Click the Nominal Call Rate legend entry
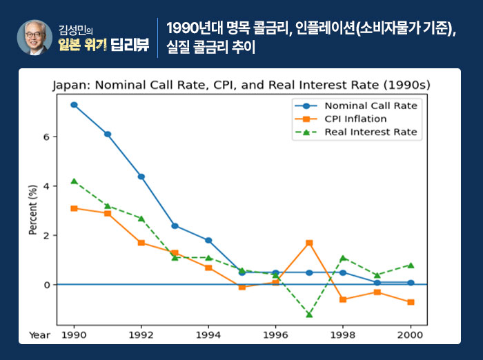click(371, 106)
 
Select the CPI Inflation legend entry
click(355, 119)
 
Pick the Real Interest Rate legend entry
click(371, 132)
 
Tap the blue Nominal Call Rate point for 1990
click(74, 105)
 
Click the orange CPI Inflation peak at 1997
click(309, 243)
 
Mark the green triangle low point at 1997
click(309, 314)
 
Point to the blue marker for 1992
click(141, 177)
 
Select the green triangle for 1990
click(74, 181)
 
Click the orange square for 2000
click(411, 302)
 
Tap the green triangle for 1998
click(343, 258)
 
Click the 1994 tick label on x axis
click(208, 334)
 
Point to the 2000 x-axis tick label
click(411, 334)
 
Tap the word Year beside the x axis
click(39, 334)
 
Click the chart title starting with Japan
click(241, 85)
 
